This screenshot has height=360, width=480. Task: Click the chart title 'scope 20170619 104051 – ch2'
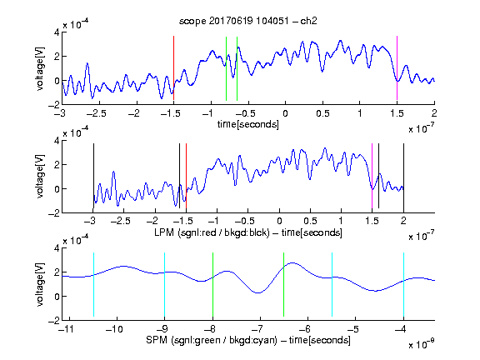[248, 21]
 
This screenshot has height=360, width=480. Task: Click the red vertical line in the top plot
[173, 68]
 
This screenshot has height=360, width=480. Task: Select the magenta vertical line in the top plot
[397, 68]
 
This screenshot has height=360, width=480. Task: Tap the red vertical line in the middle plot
[186, 176]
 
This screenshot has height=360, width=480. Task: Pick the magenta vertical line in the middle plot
[372, 176]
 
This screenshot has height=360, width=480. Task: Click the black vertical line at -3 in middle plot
[93, 176]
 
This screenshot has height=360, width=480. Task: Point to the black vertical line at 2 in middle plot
[403, 176]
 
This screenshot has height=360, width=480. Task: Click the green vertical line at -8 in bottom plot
[212, 284]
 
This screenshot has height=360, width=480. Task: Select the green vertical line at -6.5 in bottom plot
[284, 284]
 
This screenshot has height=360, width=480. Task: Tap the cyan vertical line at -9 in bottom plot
[165, 284]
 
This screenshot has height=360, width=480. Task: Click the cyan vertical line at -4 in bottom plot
[403, 284]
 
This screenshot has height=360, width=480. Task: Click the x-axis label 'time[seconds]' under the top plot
[248, 125]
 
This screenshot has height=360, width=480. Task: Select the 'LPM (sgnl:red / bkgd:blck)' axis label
[212, 232]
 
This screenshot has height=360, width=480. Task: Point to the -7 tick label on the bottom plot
[259, 329]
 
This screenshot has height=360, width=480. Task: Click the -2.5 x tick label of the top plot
[96, 113]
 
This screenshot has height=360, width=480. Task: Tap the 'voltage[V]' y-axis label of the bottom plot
[40, 284]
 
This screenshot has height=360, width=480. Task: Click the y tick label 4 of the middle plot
[57, 141]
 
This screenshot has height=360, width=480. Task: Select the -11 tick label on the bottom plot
[68, 329]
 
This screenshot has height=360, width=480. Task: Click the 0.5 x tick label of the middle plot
[310, 221]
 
